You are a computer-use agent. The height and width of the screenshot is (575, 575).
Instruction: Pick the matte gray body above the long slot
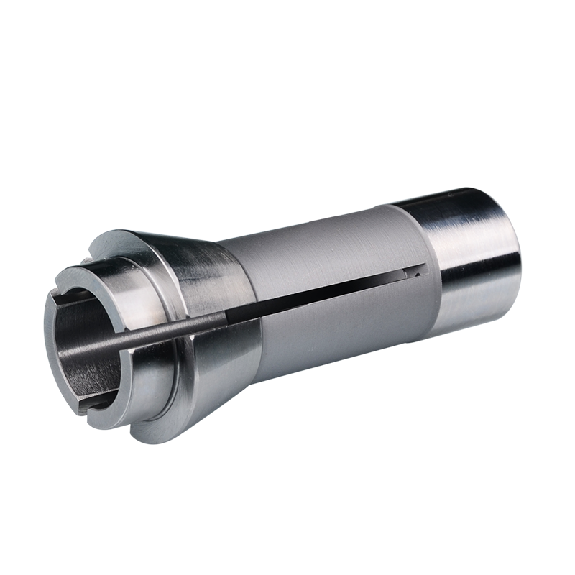click(316, 252)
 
